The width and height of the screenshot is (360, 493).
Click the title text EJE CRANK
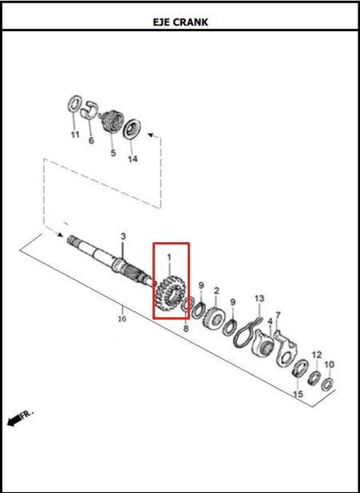(x=180, y=22)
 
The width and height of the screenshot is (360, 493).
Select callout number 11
(x=75, y=135)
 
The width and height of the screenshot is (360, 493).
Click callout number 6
(x=91, y=140)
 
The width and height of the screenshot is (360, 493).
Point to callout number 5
(x=113, y=153)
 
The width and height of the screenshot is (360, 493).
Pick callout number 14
(x=133, y=159)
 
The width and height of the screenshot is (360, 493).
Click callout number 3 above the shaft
(x=123, y=237)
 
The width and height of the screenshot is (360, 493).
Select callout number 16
(x=122, y=319)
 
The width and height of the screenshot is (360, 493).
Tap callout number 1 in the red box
(x=169, y=257)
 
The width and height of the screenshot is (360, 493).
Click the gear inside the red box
(x=171, y=293)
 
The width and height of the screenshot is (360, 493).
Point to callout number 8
(x=186, y=329)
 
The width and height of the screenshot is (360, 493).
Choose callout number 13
(x=259, y=298)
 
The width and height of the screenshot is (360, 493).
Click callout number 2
(x=216, y=291)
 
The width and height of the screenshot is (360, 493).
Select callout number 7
(x=278, y=315)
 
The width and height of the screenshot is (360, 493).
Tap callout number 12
(x=317, y=355)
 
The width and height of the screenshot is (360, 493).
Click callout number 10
(x=329, y=364)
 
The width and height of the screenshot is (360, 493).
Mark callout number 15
(x=298, y=394)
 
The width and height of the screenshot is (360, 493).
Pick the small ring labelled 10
(x=327, y=384)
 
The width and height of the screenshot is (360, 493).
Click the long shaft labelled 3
(x=110, y=262)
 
